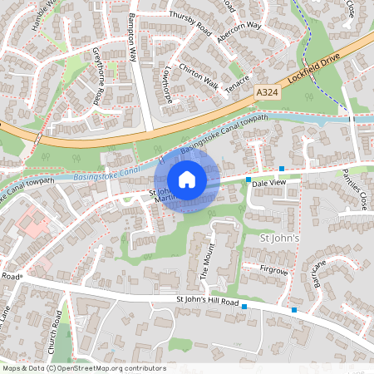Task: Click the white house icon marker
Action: click(187, 179)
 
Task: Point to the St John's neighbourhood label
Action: click(278, 239)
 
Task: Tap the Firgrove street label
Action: click(274, 270)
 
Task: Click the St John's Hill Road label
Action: click(208, 301)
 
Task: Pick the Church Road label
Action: click(57, 328)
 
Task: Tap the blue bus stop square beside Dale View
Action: click(249, 180)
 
